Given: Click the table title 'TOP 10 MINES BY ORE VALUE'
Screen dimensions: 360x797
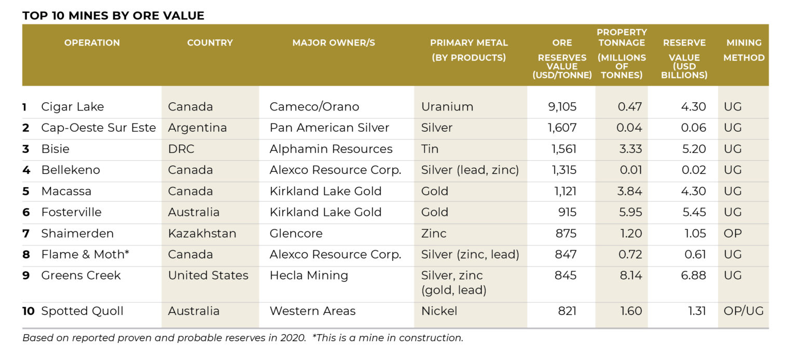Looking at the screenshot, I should coord(113,16).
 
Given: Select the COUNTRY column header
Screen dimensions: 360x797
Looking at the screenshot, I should coord(210,43).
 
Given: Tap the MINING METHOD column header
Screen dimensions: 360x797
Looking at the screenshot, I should coord(744,50).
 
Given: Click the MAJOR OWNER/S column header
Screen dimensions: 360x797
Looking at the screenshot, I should coord(334,43).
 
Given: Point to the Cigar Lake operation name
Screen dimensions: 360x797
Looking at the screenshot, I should coord(73,107).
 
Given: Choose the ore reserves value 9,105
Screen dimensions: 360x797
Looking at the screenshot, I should coord(562,107).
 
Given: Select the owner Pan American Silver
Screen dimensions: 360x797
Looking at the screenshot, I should coord(329,128).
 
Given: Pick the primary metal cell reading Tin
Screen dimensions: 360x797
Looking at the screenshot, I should coord(430,149).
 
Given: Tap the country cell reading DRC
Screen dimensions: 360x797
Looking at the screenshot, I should coord(181,149).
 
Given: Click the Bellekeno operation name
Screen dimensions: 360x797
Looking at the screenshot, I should coord(71,170).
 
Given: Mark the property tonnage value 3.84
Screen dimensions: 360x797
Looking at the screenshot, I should coord(630,191).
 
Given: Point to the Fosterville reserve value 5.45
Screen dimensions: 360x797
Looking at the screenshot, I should coord(693,212).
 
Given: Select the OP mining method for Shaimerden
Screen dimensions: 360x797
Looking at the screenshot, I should coord(733,233).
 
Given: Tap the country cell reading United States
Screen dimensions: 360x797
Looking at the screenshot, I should coord(208,275).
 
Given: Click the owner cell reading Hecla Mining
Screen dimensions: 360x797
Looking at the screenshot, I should coord(309,275).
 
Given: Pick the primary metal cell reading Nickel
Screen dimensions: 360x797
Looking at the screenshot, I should coord(439,311).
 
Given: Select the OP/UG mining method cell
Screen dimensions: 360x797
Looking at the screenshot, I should coord(743,311).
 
